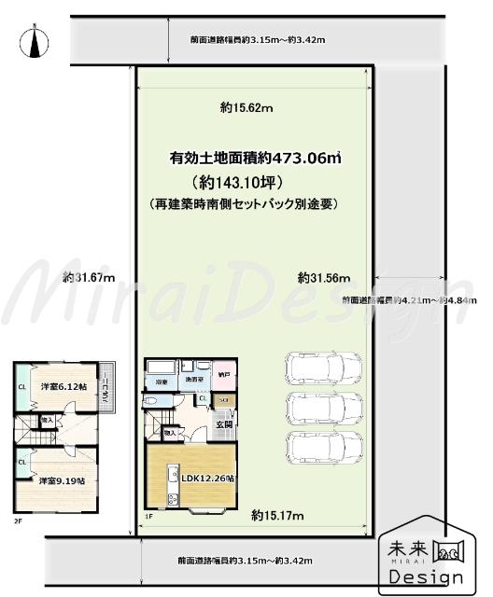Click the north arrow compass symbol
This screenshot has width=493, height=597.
click(35, 42)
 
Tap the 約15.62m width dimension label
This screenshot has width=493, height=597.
click(246, 109)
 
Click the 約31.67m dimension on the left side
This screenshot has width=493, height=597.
click(89, 277)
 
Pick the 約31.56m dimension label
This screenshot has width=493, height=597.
click(324, 277)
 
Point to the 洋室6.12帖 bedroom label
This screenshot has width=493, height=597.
click(62, 386)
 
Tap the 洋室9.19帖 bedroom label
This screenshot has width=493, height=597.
click(62, 481)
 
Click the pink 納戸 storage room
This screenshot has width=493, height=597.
click(225, 375)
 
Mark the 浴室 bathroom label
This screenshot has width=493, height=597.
click(161, 382)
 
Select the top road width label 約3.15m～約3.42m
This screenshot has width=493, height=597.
click(245, 40)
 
